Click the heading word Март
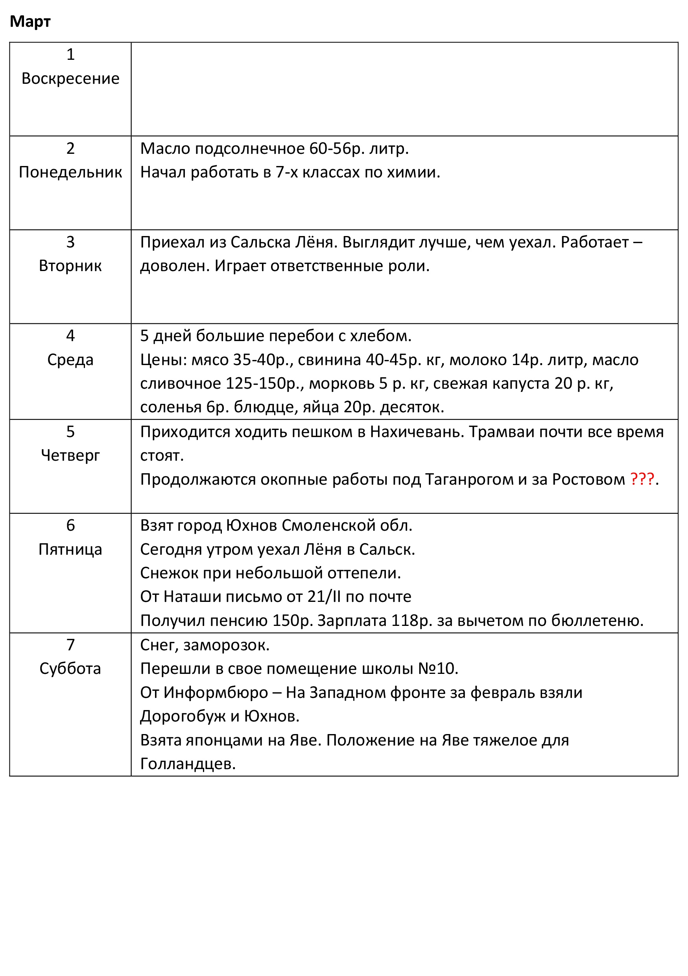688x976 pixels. [x=30, y=21]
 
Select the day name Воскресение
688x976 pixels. [x=70, y=79]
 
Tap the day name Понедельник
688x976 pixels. [x=70, y=172]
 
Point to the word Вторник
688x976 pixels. [x=70, y=266]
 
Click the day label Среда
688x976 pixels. [x=70, y=360]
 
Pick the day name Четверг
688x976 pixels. [x=70, y=455]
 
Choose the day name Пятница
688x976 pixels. [x=70, y=549]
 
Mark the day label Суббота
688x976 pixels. [x=70, y=668]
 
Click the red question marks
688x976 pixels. [x=642, y=479]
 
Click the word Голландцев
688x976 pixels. [x=187, y=764]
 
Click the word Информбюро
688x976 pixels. [x=216, y=692]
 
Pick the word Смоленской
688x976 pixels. [x=328, y=526]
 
